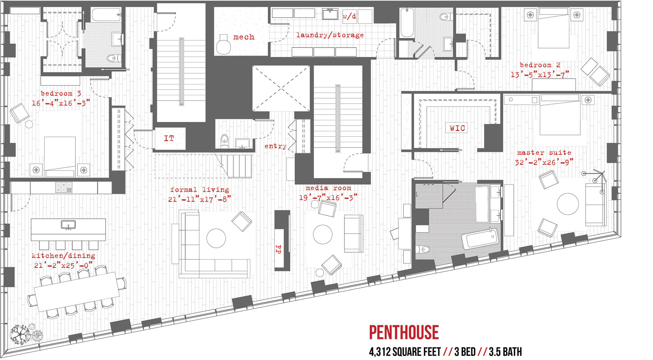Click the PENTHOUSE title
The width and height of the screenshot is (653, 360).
[x=404, y=332]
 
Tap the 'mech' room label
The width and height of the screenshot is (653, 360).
[x=244, y=37]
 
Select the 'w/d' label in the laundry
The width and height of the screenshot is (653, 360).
[x=349, y=16]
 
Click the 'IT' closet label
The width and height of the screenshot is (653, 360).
[x=169, y=138]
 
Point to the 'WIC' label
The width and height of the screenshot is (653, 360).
[x=457, y=128]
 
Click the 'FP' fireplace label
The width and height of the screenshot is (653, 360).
[x=278, y=249]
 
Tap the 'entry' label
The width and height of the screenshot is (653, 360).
[x=275, y=146]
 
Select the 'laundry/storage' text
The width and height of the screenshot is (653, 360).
[x=330, y=35]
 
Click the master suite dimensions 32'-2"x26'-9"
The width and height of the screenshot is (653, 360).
[x=544, y=162]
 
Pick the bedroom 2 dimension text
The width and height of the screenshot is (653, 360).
[x=540, y=74]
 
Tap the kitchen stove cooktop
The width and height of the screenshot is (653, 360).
[x=64, y=187]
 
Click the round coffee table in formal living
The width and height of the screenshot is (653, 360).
[x=216, y=238]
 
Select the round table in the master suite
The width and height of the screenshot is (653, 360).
[x=568, y=204]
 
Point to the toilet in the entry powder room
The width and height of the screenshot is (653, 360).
[x=225, y=141]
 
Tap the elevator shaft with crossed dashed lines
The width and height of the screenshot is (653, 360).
[x=281, y=88]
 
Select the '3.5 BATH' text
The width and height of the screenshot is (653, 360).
[x=505, y=352]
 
